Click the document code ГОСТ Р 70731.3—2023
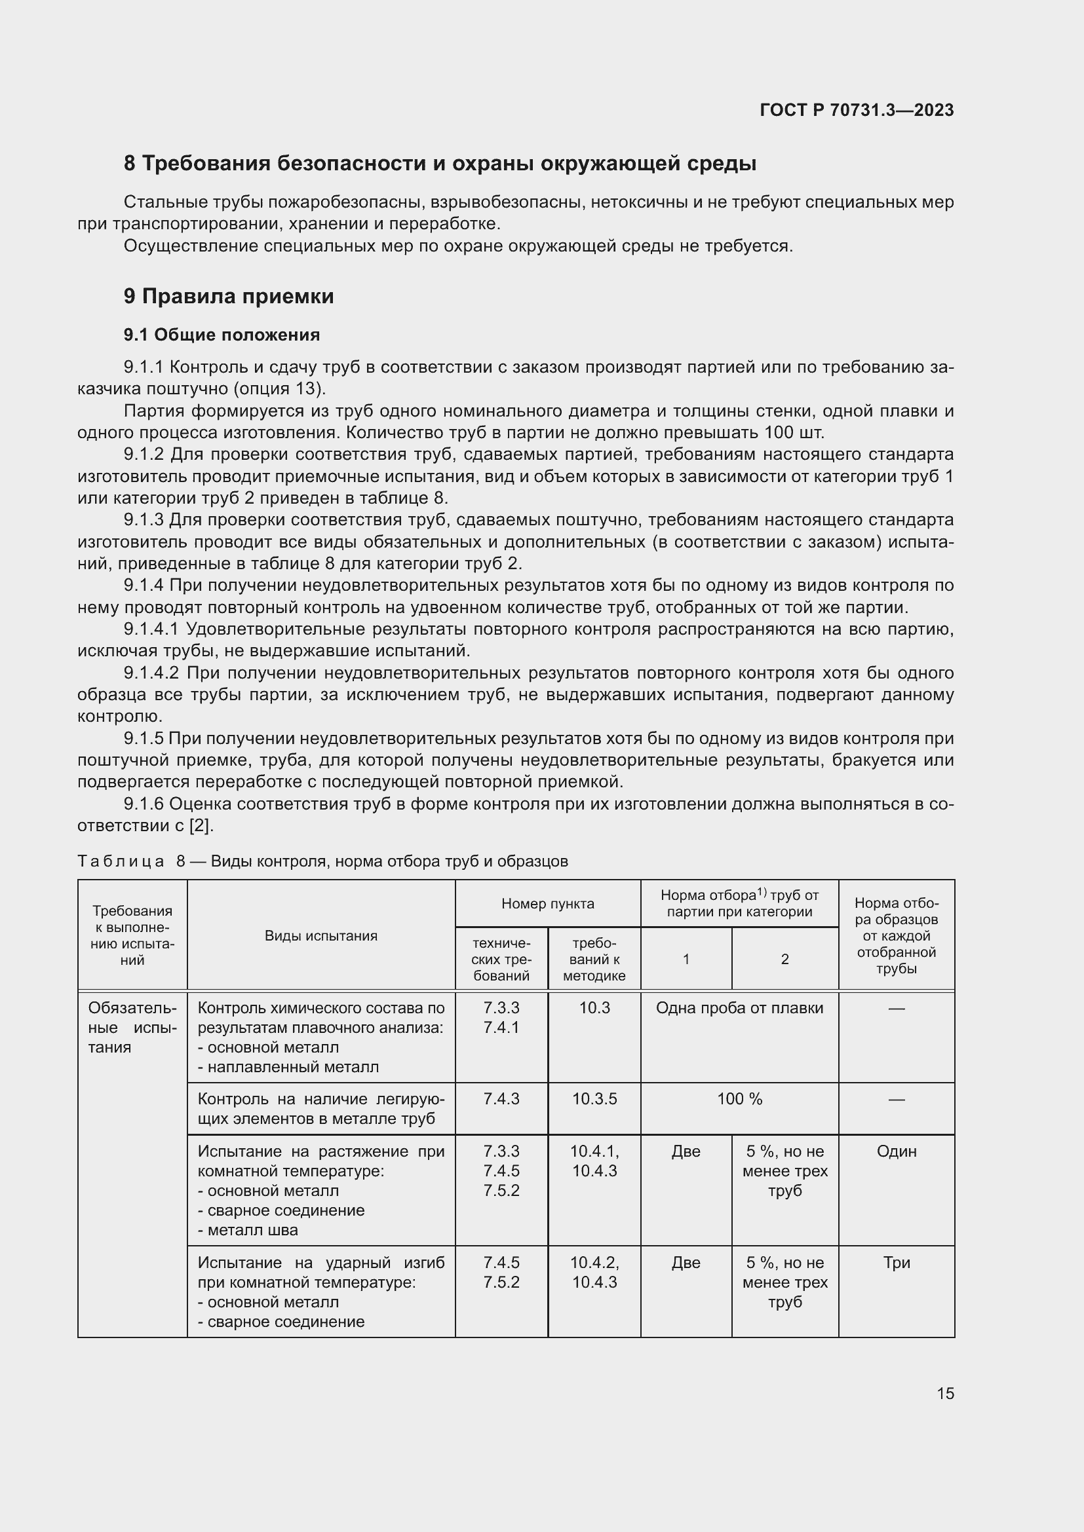(x=857, y=110)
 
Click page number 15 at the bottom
(x=945, y=1393)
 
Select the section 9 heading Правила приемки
(x=228, y=295)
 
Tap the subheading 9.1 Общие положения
(x=222, y=334)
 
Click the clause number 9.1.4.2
(x=151, y=673)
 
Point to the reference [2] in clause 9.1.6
(x=200, y=825)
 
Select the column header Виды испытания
(x=320, y=935)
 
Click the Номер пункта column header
(x=547, y=903)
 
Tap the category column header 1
(x=686, y=959)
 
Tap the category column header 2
(x=784, y=959)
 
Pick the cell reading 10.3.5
(x=594, y=1099)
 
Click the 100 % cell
(x=739, y=1099)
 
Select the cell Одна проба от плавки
(x=739, y=1007)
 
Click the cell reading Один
(x=896, y=1151)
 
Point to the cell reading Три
(x=896, y=1262)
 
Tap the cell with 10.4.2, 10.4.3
(x=594, y=1272)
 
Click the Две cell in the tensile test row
(x=686, y=1151)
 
